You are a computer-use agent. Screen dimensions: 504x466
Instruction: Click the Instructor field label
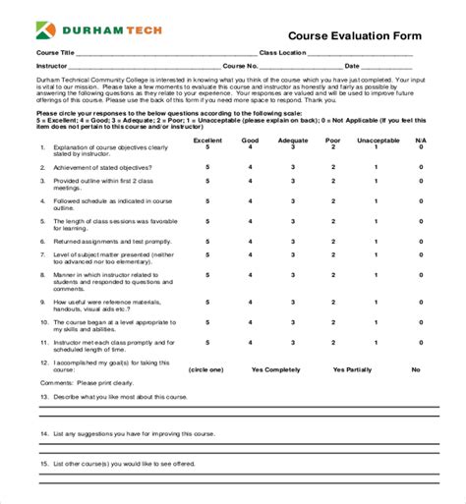tap(55, 66)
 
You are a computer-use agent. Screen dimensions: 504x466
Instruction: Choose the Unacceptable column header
tap(375, 140)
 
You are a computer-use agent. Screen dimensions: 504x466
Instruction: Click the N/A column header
tap(421, 140)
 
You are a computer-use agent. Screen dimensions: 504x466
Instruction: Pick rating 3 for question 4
tap(292, 209)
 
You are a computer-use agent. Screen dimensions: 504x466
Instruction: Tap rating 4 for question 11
tap(250, 343)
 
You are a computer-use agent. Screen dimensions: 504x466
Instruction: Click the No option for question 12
tap(416, 369)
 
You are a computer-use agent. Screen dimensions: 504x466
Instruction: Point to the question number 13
tap(44, 397)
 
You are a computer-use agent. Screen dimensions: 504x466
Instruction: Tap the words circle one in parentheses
tap(204, 369)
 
